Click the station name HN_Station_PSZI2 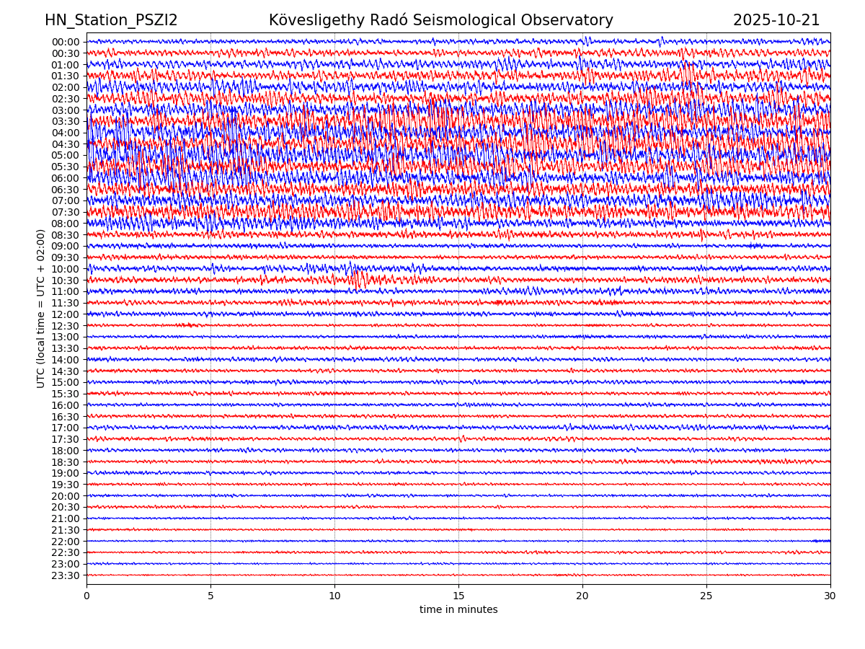click(x=111, y=20)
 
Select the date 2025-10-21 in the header click(x=776, y=20)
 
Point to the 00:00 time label click(x=66, y=42)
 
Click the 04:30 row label click(x=66, y=144)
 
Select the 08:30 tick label click(x=66, y=235)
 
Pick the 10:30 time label click(x=66, y=281)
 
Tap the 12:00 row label click(x=66, y=314)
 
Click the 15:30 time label click(x=66, y=394)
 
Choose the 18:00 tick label click(x=66, y=451)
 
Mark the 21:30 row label click(x=66, y=530)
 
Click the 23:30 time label click(x=66, y=575)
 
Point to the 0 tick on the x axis click(x=86, y=596)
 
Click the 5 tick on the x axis click(x=210, y=596)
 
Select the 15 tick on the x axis click(x=458, y=596)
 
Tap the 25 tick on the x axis click(x=706, y=596)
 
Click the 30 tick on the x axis click(x=830, y=596)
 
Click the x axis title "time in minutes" click(x=458, y=610)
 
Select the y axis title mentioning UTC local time click(x=41, y=309)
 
